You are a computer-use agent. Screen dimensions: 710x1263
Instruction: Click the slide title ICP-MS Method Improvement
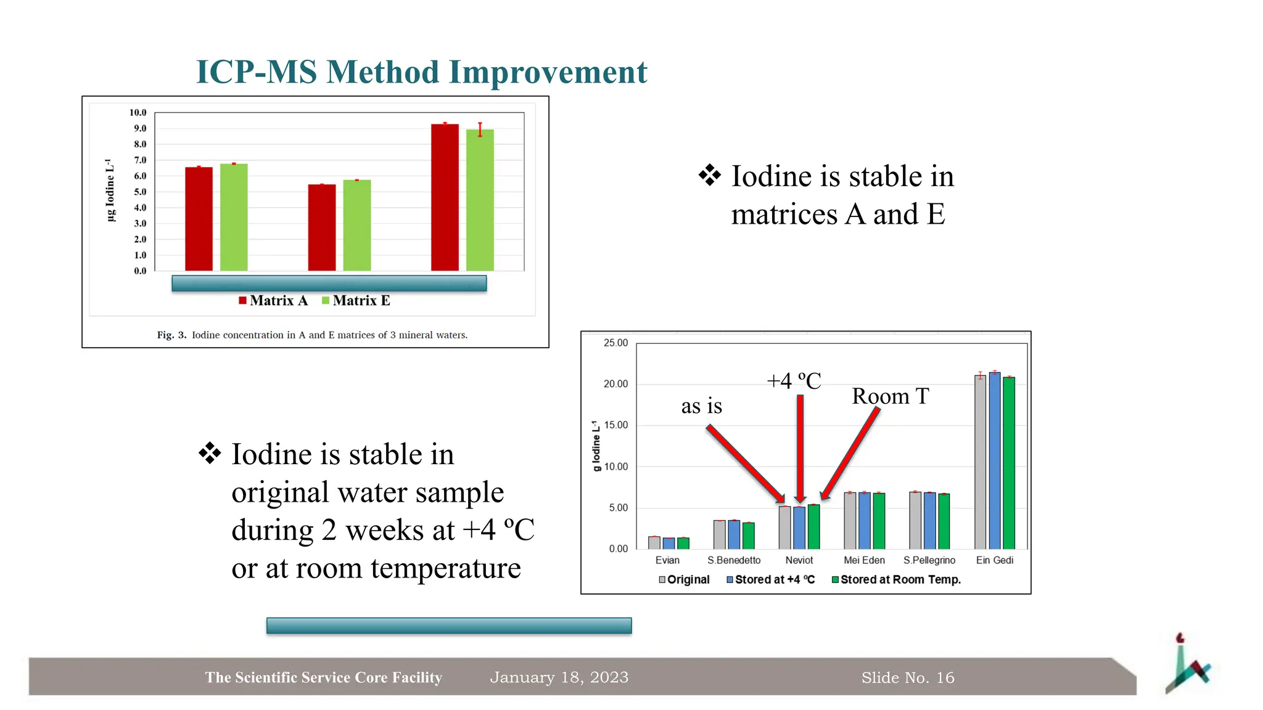[x=421, y=72]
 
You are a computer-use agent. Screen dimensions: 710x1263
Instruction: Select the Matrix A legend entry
[x=273, y=301]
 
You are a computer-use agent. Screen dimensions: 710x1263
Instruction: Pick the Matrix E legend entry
[x=356, y=301]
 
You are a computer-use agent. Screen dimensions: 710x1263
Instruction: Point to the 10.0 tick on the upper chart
[x=138, y=113]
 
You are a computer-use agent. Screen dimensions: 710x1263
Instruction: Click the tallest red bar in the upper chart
[x=445, y=197]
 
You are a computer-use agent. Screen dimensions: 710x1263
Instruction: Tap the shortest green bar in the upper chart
[x=356, y=226]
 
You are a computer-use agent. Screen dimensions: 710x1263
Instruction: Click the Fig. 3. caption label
[x=171, y=335]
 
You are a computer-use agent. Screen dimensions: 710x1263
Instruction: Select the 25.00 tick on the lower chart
[x=615, y=343]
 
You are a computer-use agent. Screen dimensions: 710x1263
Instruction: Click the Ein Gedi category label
[x=994, y=560]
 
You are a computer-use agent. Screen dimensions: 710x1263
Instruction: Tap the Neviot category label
[x=799, y=560]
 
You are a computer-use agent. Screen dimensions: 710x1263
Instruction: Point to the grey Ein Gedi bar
[x=980, y=462]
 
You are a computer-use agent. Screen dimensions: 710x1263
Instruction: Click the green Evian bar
[x=683, y=543]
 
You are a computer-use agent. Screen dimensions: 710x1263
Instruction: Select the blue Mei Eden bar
[x=864, y=521]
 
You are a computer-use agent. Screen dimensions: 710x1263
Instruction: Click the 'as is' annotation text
[x=701, y=406]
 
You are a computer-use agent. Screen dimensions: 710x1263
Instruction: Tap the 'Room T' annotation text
[x=890, y=396]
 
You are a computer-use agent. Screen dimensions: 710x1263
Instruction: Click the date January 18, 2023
[x=559, y=677]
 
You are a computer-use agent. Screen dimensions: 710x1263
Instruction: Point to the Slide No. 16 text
[x=907, y=678]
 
